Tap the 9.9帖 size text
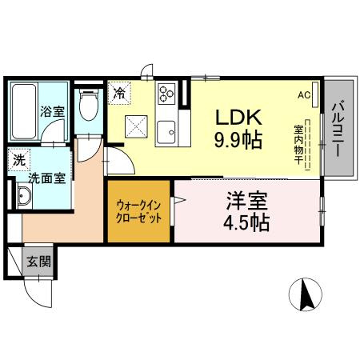pyautogui.click(x=237, y=139)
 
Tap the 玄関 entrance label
pyautogui.click(x=38, y=261)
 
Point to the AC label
pyautogui.click(x=304, y=94)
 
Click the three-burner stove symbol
pyautogui.click(x=167, y=94)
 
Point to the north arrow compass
pyautogui.click(x=304, y=294)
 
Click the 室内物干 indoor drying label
pyautogui.click(x=298, y=145)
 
